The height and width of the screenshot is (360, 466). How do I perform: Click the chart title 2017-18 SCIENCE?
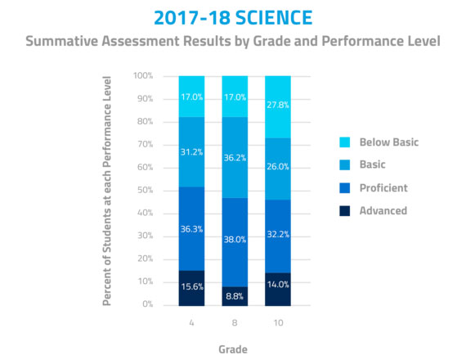[x=233, y=17]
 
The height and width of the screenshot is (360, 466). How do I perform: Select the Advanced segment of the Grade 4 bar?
[x=191, y=288]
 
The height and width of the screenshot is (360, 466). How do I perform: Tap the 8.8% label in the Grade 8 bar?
[x=235, y=296]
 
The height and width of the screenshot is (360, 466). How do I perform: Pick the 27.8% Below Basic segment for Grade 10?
[x=278, y=107]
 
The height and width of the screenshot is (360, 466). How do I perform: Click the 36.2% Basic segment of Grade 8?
[x=235, y=158]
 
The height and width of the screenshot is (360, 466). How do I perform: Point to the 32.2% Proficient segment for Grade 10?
[x=278, y=236]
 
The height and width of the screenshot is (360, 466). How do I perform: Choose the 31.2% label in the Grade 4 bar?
[x=191, y=152]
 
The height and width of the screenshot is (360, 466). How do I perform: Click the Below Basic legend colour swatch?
[x=345, y=142]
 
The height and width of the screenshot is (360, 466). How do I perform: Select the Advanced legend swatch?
[x=345, y=211]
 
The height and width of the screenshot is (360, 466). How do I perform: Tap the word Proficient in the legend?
[x=383, y=188]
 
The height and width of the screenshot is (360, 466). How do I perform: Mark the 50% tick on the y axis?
[x=145, y=190]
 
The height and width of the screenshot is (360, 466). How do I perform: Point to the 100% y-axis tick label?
[x=143, y=75]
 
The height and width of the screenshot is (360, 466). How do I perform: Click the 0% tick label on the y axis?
[x=148, y=304]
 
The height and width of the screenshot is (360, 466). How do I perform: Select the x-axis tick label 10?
[x=278, y=323]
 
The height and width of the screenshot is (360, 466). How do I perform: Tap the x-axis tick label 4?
[x=191, y=323]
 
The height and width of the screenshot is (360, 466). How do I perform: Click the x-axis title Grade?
[x=233, y=349]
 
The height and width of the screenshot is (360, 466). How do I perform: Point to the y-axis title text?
[x=107, y=191]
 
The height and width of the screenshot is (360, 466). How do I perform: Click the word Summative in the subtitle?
[x=61, y=41]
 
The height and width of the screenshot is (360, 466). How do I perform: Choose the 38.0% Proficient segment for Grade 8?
[x=235, y=242]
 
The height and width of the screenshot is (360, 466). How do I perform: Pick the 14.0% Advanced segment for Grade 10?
[x=278, y=290]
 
